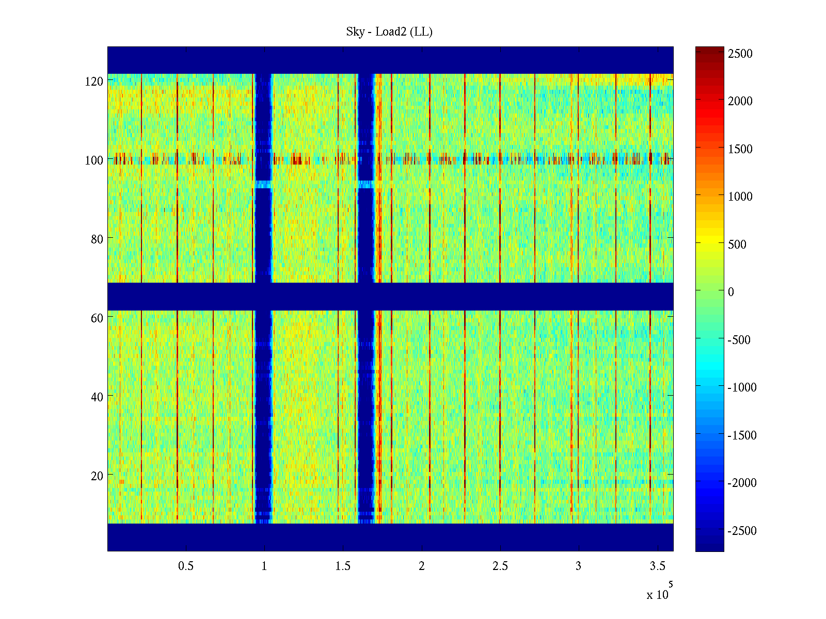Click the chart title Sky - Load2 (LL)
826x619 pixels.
click(x=389, y=32)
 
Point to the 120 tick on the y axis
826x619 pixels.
click(x=94, y=82)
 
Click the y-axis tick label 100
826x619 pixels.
click(x=94, y=160)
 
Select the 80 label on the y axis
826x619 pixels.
click(x=97, y=239)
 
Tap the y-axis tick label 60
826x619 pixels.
click(x=97, y=318)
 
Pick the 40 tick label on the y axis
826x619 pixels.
click(x=97, y=397)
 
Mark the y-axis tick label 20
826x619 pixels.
click(x=97, y=476)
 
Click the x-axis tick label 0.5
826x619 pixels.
click(x=186, y=566)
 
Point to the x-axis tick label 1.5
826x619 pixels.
click(x=343, y=566)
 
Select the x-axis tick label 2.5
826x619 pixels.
click(x=500, y=566)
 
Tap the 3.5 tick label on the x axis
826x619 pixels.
click(x=657, y=566)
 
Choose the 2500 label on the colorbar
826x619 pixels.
click(x=740, y=54)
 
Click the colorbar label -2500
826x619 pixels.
click(x=742, y=531)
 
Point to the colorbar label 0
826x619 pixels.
click(x=731, y=292)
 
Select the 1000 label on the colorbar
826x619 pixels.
click(x=740, y=197)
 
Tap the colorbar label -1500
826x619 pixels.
click(x=742, y=435)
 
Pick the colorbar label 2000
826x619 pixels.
click(x=740, y=101)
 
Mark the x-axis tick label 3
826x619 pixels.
click(x=578, y=566)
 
